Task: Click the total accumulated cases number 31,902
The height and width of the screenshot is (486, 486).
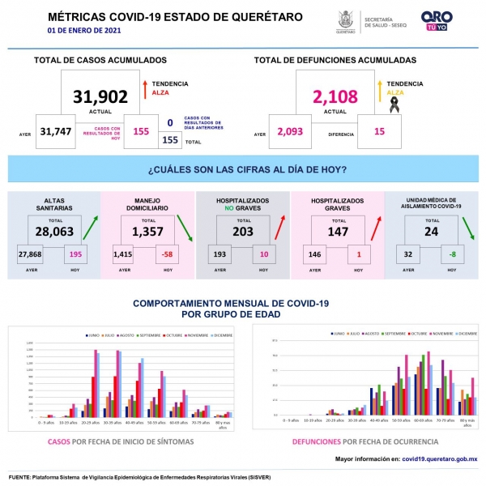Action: (x=100, y=97)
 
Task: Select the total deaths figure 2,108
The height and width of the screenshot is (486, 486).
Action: (x=335, y=97)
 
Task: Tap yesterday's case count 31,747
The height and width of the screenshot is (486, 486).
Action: (x=56, y=132)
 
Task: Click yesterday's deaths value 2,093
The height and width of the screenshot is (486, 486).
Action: (x=292, y=132)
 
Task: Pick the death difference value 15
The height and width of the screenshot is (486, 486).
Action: (x=379, y=132)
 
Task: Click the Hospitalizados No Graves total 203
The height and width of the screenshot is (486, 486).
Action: (x=242, y=231)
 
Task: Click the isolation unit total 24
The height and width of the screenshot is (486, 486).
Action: (x=430, y=231)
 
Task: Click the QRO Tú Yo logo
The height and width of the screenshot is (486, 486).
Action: (x=437, y=21)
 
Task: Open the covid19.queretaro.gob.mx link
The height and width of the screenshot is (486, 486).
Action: (x=440, y=459)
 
